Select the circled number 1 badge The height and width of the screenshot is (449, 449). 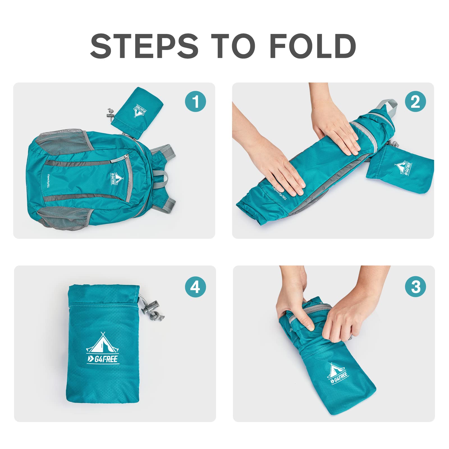[x=195, y=101]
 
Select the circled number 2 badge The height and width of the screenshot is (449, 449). [x=415, y=101]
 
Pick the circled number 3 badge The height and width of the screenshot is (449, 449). [x=415, y=287]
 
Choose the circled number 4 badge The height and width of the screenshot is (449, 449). [x=195, y=287]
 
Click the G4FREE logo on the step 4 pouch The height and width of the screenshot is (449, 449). [x=103, y=349]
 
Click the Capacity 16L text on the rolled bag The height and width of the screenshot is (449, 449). [x=279, y=193]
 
